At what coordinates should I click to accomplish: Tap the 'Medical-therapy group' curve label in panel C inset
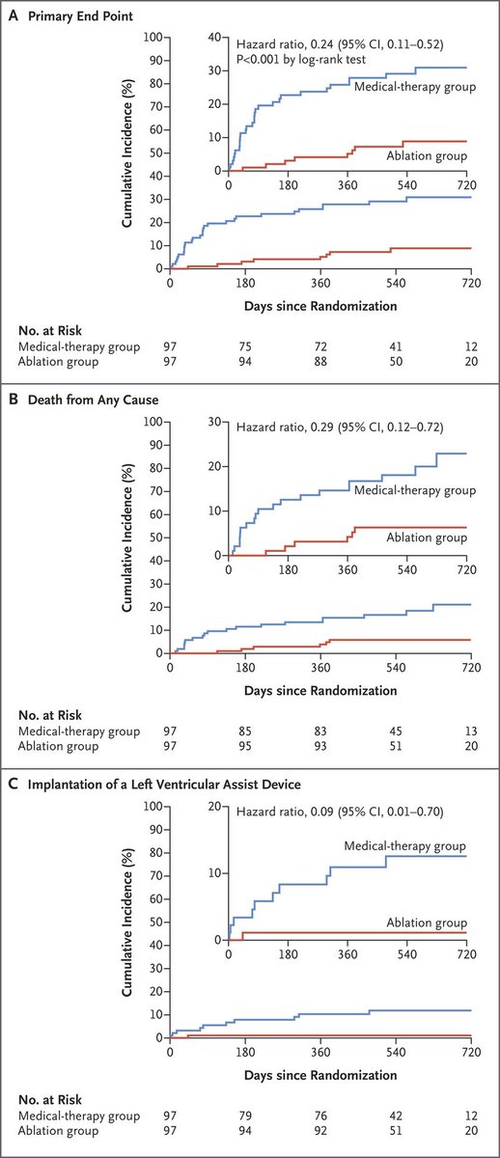tap(406, 846)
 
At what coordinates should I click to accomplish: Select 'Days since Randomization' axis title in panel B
tap(320, 690)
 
